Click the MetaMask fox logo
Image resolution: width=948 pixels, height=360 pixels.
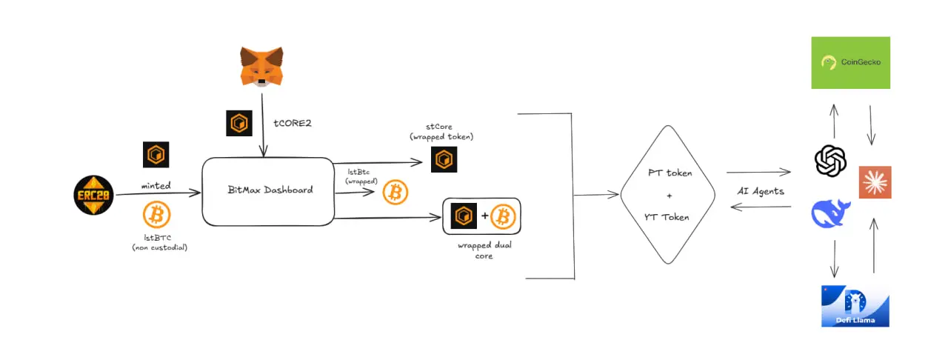[x=262, y=65]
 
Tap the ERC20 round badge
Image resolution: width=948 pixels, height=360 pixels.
[x=94, y=196]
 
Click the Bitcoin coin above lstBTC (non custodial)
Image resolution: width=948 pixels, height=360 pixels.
[x=156, y=215]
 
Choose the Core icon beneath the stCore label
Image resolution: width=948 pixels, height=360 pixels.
[x=444, y=159]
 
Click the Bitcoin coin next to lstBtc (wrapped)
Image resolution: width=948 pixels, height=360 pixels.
[x=395, y=194]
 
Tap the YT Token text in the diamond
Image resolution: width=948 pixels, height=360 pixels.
[x=668, y=217]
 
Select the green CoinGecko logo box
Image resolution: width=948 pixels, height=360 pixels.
[x=850, y=63]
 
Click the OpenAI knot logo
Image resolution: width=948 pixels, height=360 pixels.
[x=830, y=160]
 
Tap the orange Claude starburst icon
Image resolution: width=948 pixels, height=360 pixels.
[x=875, y=183]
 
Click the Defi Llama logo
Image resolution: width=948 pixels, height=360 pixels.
[x=855, y=305]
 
